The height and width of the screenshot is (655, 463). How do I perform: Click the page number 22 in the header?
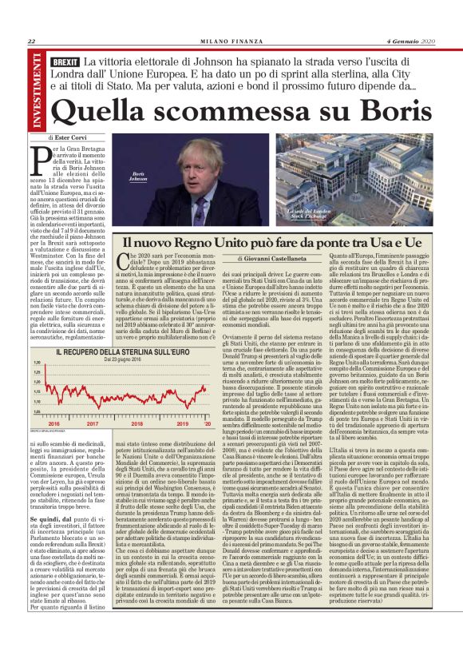click(x=30, y=42)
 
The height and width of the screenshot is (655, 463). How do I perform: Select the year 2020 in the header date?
click(x=430, y=42)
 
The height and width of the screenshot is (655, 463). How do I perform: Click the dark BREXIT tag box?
click(x=65, y=62)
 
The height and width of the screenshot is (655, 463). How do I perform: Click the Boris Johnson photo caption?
click(x=140, y=176)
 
